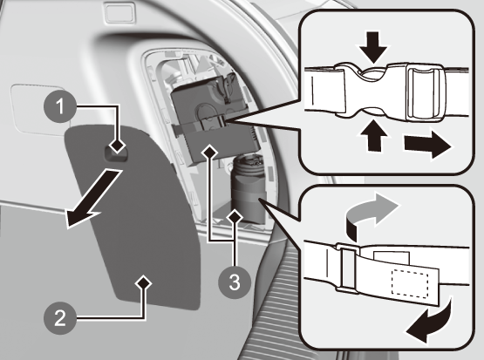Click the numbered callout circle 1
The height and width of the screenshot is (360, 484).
60,106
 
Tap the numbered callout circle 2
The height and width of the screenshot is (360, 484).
60,318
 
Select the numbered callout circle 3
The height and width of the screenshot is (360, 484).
235,282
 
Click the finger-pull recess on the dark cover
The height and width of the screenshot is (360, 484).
117,153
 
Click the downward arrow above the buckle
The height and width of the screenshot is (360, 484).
373,46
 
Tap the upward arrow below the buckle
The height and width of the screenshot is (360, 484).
374,135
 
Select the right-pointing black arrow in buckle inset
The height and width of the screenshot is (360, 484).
428,144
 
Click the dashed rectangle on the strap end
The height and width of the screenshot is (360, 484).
410,284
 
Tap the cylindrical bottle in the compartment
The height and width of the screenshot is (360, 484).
249,189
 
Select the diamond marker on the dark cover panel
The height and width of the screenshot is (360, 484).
144,283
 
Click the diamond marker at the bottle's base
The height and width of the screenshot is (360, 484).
235,217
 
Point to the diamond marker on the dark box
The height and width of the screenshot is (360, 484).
209,152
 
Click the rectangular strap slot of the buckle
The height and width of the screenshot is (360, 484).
426,93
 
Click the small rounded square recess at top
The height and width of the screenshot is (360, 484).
120,12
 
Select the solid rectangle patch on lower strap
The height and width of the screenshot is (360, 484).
392,256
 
